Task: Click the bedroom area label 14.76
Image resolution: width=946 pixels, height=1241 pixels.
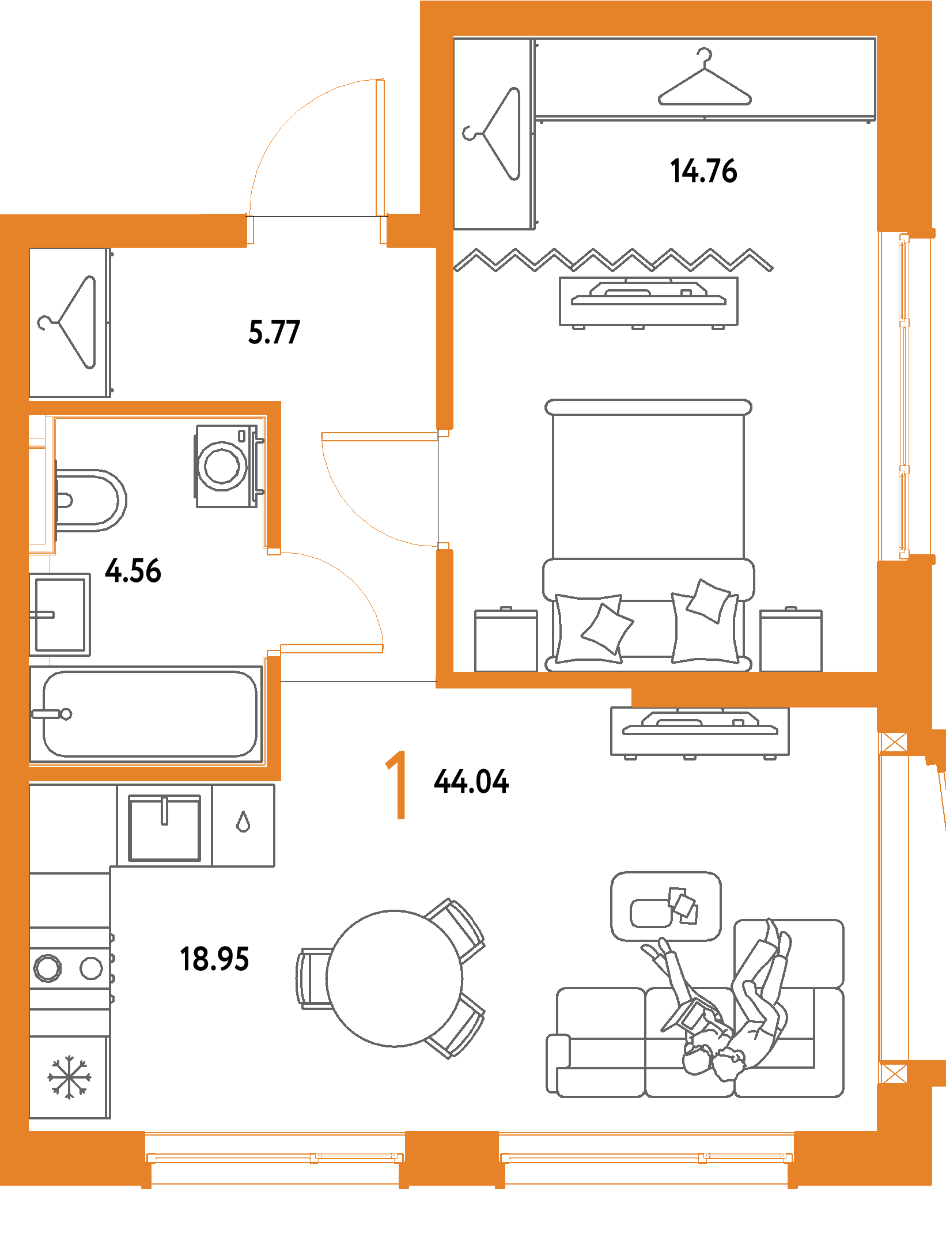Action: click(703, 171)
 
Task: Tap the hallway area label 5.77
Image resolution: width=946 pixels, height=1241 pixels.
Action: click(274, 332)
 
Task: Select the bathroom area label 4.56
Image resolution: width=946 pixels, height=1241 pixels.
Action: click(133, 570)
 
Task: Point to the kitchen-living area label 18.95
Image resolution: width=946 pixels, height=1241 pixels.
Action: click(214, 959)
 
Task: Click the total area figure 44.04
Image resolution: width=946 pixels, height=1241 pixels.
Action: click(471, 782)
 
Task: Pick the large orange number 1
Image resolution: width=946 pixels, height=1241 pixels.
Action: click(398, 785)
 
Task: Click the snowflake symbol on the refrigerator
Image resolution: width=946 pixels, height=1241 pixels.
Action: click(69, 1077)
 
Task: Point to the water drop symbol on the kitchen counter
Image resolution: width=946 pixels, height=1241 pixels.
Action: click(243, 822)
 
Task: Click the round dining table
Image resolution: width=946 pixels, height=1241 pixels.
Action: click(394, 978)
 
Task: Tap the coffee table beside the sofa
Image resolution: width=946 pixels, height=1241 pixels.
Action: click(665, 906)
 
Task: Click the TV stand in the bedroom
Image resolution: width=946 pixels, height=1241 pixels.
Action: click(648, 301)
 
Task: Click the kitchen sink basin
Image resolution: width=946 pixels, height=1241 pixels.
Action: click(164, 828)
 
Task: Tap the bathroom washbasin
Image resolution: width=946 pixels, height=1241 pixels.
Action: click(60, 614)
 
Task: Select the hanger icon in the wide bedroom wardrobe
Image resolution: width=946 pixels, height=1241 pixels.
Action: click(705, 81)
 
